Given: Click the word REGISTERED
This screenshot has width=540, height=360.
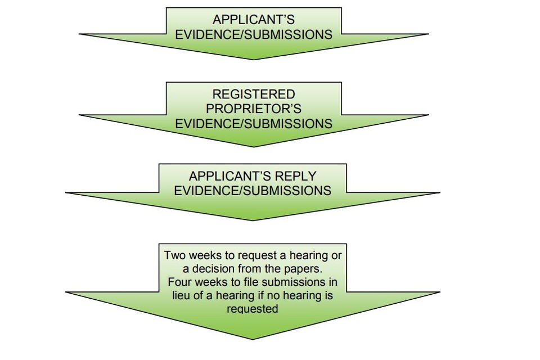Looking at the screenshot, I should [253, 94].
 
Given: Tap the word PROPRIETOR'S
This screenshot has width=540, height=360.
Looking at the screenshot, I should [253, 109].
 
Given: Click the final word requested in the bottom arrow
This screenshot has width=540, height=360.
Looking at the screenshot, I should [253, 309].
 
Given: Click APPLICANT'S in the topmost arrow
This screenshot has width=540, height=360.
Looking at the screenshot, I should [253, 20].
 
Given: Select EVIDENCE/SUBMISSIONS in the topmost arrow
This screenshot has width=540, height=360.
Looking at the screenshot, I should [253, 35].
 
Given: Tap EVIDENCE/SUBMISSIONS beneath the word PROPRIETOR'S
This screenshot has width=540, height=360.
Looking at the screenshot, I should [253, 123].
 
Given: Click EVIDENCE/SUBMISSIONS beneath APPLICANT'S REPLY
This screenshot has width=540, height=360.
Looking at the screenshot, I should [253, 190].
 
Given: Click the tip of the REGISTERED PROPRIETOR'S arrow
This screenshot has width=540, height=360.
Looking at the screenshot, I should [253, 146].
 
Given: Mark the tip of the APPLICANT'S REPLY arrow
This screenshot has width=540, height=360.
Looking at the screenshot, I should [253, 219].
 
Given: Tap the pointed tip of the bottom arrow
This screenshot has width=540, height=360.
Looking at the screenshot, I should [253, 339].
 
